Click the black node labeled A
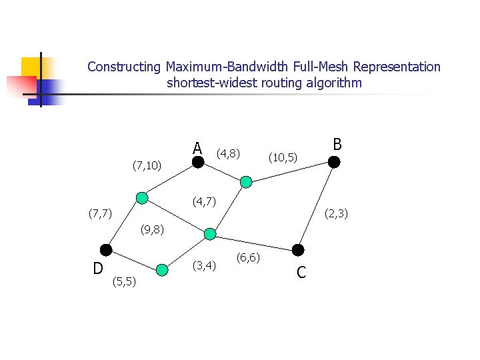click(x=198, y=161)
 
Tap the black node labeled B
click(x=334, y=161)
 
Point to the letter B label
click(x=337, y=145)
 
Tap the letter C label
click(x=301, y=273)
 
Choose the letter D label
click(x=97, y=269)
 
